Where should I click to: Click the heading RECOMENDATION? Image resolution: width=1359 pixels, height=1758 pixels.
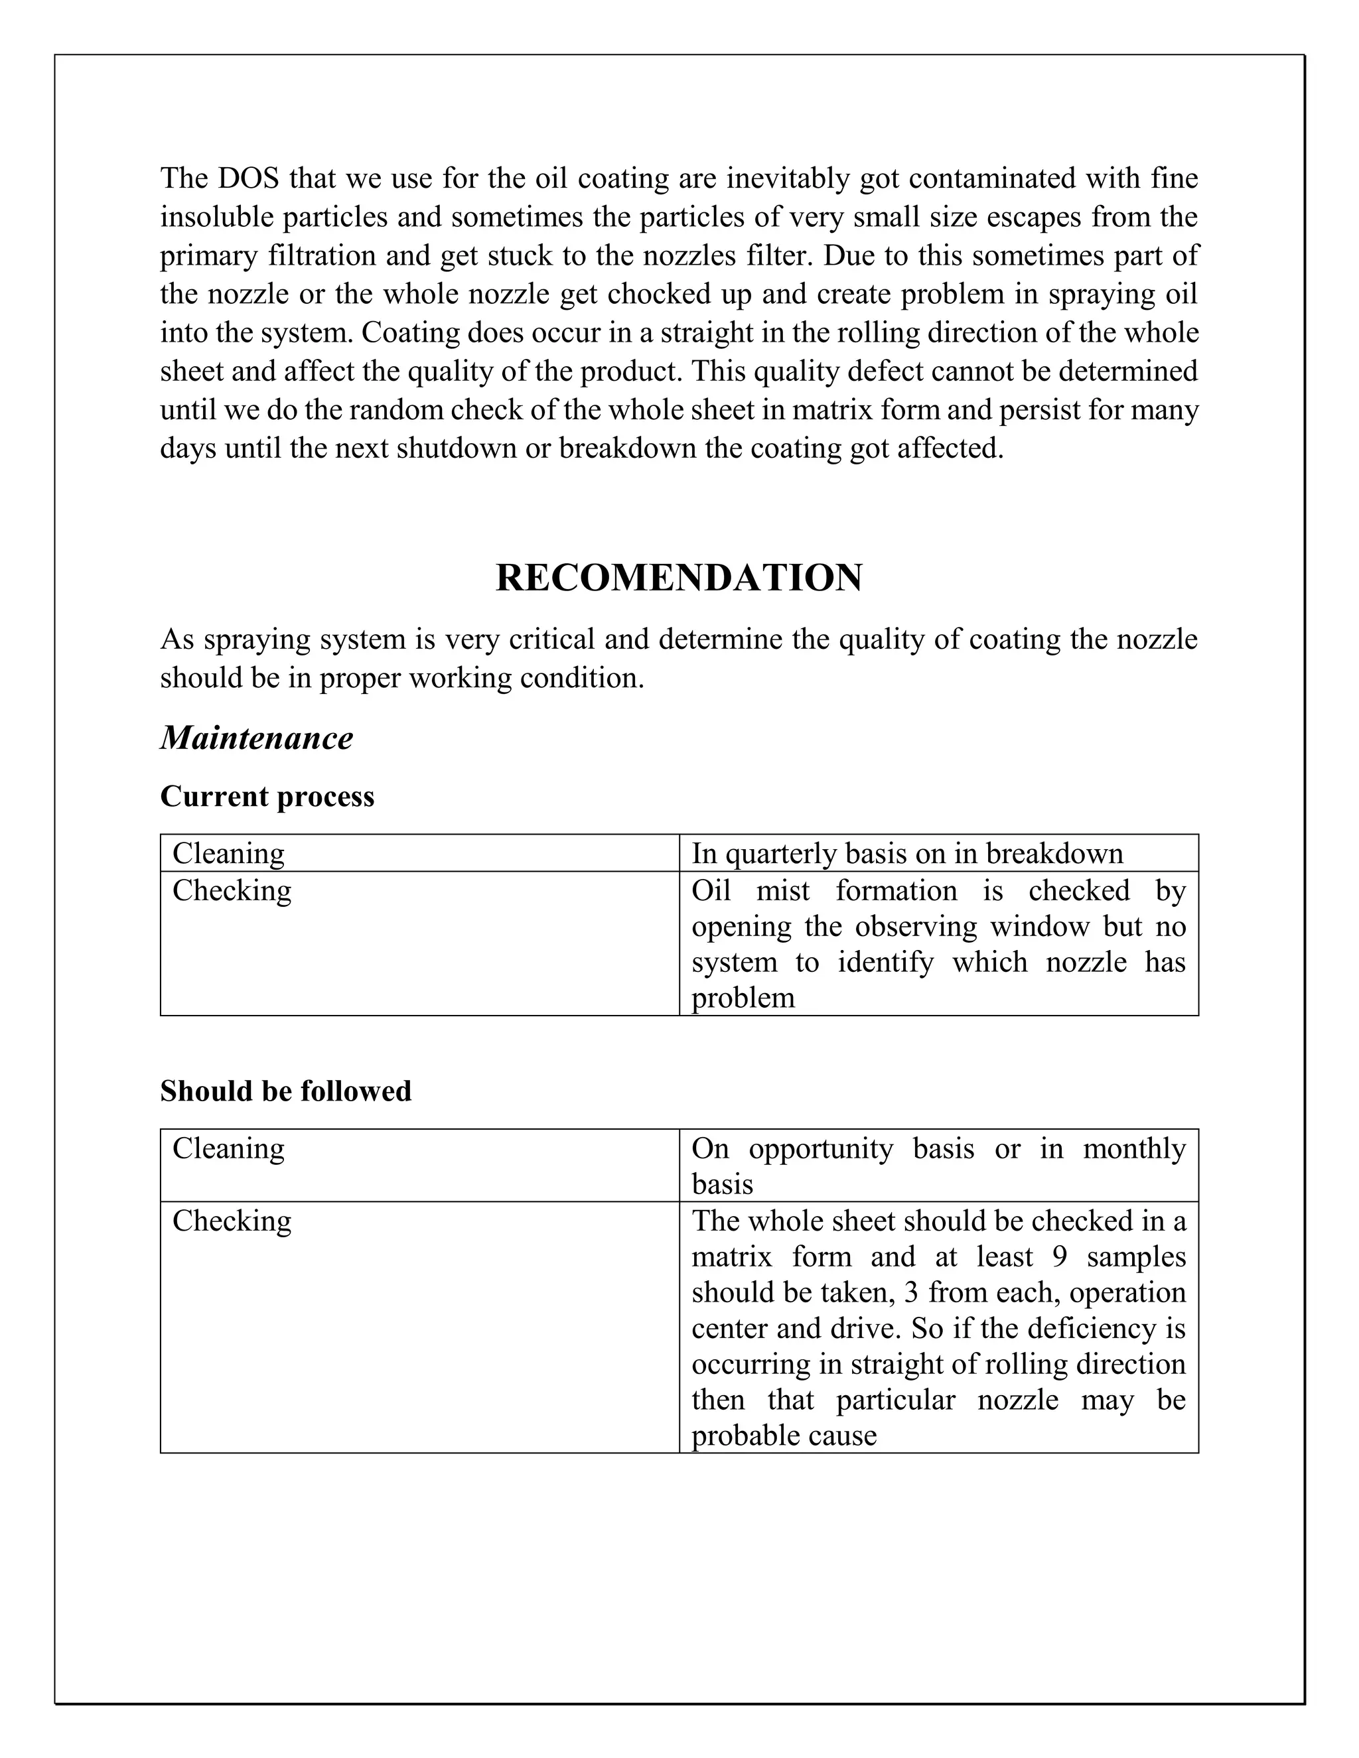click(x=679, y=578)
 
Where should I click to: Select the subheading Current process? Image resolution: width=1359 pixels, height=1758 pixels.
click(x=267, y=796)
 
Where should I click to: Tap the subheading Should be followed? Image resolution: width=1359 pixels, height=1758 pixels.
click(x=286, y=1091)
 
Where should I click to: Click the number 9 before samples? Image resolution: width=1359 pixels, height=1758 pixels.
click(x=1060, y=1256)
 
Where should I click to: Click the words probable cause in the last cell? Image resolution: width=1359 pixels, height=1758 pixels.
click(x=784, y=1435)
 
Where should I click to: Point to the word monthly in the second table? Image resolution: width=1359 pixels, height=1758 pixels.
click(x=1133, y=1148)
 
